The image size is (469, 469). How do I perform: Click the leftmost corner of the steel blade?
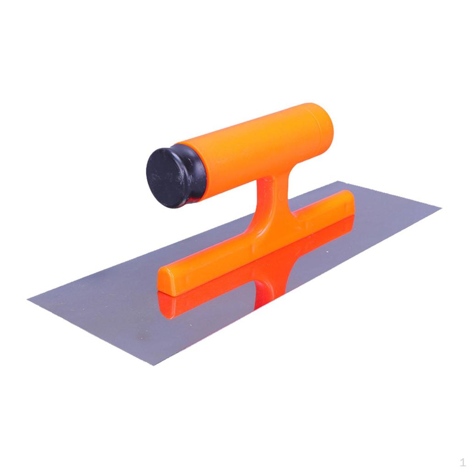(x=27, y=300)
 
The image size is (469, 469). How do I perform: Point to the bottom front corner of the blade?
(x=153, y=365)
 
